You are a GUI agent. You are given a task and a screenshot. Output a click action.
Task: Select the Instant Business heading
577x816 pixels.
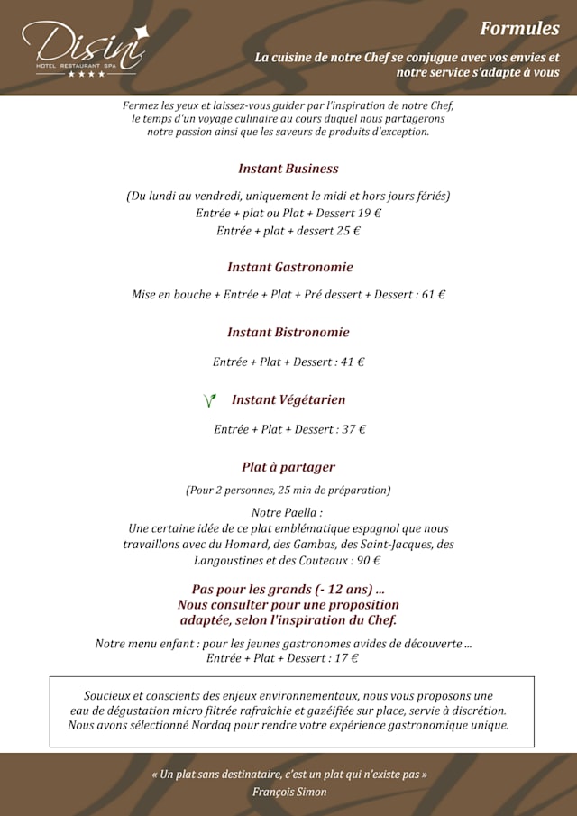point(288,169)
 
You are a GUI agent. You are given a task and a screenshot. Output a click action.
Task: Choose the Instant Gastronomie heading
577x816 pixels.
point(289,267)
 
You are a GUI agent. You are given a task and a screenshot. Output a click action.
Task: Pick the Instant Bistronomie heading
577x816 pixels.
point(288,332)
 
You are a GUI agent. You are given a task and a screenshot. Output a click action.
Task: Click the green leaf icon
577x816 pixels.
point(210,400)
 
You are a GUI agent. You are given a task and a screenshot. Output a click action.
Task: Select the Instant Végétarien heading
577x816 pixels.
point(288,399)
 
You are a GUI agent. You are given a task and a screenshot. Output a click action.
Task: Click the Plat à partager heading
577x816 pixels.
point(288,467)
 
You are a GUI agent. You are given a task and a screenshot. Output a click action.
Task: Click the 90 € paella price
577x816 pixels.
point(369,560)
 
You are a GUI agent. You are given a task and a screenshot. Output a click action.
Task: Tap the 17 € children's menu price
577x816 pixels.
point(346,658)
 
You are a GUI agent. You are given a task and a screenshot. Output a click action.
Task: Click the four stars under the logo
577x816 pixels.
point(87,74)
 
